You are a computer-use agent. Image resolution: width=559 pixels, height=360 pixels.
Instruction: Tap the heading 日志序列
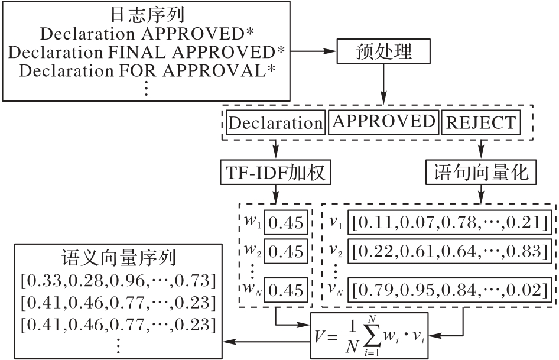tap(146, 14)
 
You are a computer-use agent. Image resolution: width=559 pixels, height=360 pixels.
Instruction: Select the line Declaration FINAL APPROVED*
tap(147, 51)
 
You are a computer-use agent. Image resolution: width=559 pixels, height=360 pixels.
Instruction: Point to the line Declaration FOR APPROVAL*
tap(147, 71)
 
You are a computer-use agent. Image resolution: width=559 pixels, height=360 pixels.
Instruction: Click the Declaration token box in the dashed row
tap(275, 123)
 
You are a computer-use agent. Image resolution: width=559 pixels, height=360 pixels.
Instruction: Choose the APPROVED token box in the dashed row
tap(383, 122)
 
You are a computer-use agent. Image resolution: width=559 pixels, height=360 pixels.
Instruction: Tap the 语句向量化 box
tap(481, 173)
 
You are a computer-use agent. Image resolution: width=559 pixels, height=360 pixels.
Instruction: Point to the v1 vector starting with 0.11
tap(451, 223)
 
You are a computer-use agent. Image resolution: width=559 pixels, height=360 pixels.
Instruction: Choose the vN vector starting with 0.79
tap(451, 290)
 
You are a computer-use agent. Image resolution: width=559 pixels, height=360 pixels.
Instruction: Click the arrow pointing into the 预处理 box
tap(313, 51)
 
